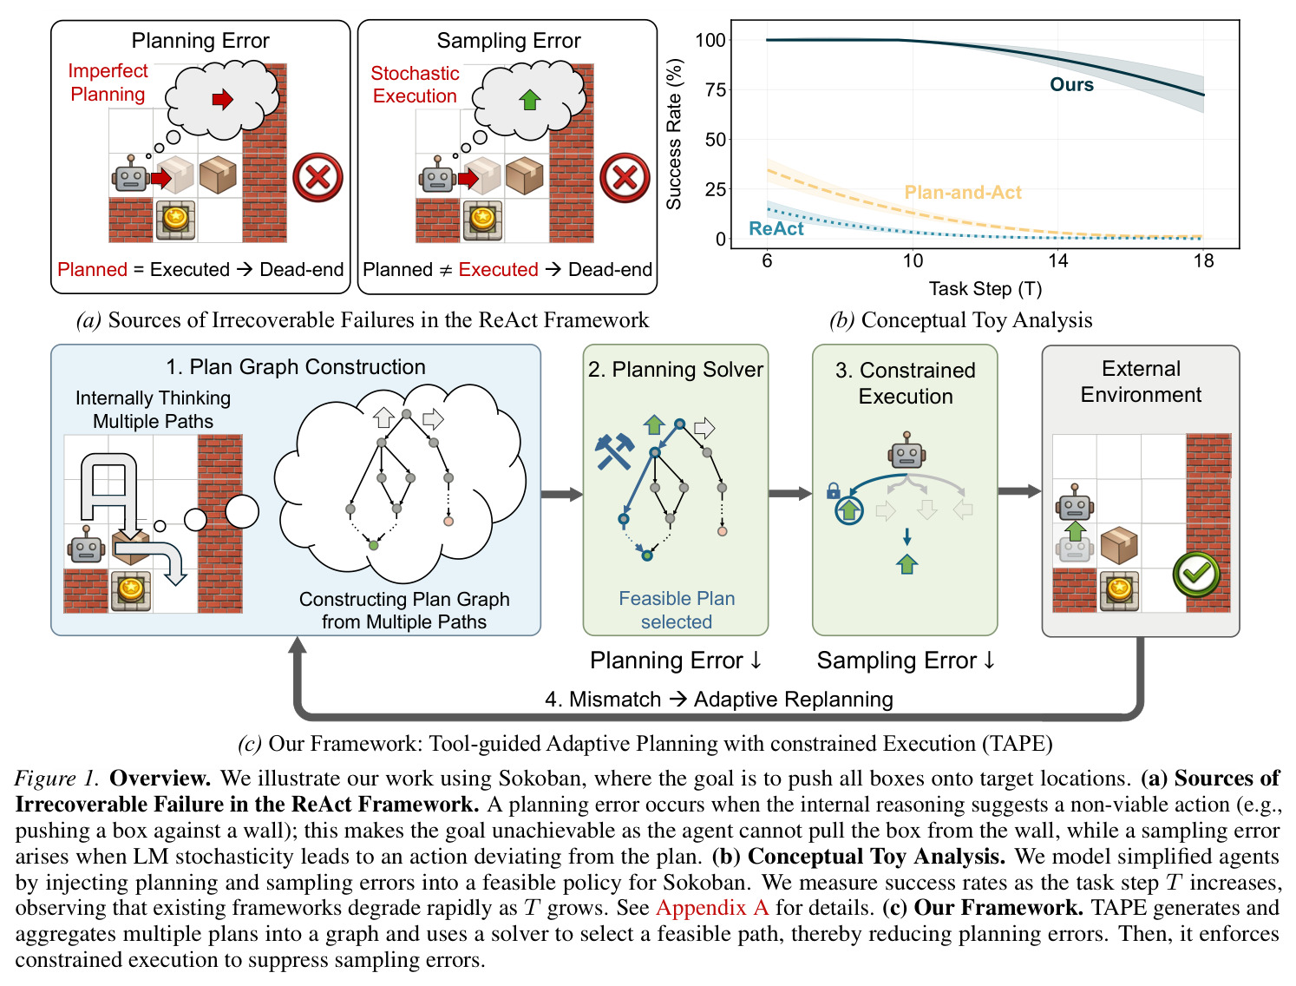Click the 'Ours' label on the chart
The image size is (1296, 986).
pyautogui.click(x=1071, y=84)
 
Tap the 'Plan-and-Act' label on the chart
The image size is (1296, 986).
pyautogui.click(x=962, y=192)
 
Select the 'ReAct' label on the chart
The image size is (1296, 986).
pyautogui.click(x=776, y=228)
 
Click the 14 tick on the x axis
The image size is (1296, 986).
pyautogui.click(x=1057, y=260)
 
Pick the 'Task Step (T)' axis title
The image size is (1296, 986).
pyautogui.click(x=985, y=289)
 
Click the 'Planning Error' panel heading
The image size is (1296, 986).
pyautogui.click(x=200, y=41)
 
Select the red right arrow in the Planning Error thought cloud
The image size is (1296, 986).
pyautogui.click(x=223, y=99)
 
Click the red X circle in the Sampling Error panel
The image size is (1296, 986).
pyautogui.click(x=625, y=177)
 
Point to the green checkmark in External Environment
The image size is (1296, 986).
pyautogui.click(x=1196, y=574)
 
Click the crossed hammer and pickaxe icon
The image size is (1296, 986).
pyautogui.click(x=615, y=452)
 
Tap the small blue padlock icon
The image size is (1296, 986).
pyautogui.click(x=833, y=490)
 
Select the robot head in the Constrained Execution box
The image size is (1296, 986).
pyautogui.click(x=907, y=450)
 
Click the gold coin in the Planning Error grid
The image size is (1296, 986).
pyautogui.click(x=175, y=219)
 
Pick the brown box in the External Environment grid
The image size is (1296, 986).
pyautogui.click(x=1119, y=545)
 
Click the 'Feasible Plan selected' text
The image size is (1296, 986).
pyautogui.click(x=676, y=609)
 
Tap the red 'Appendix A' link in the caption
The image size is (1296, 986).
pyautogui.click(x=712, y=907)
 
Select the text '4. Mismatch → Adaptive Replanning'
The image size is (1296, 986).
pyautogui.click(x=718, y=700)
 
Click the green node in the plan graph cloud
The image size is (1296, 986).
pyautogui.click(x=373, y=545)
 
